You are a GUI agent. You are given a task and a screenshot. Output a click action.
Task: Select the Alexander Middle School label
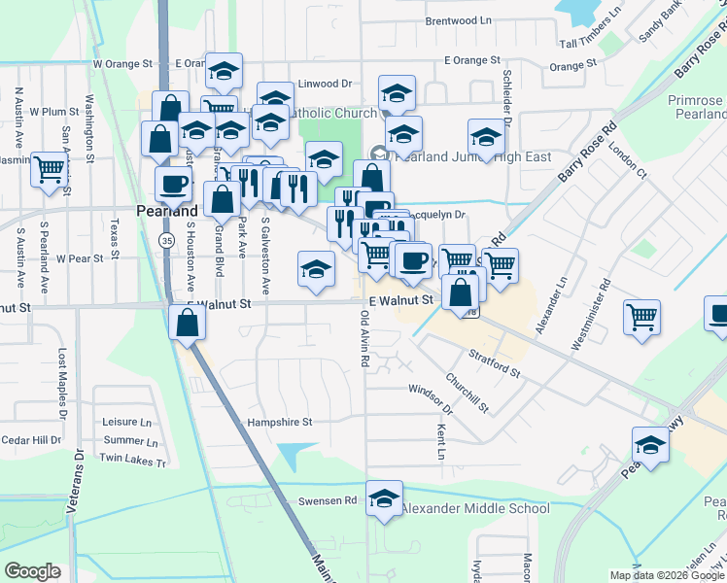coord(475,508)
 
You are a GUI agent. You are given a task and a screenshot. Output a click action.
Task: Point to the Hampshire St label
coord(279,423)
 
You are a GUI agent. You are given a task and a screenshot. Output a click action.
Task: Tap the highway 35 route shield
coord(168,240)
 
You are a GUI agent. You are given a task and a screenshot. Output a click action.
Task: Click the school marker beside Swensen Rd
coord(385,497)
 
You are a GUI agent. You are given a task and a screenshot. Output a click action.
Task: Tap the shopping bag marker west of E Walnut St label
coord(186,321)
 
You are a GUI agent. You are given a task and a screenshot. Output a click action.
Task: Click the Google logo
coord(33,570)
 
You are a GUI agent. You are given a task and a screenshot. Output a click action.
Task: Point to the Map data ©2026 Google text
coord(666,575)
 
